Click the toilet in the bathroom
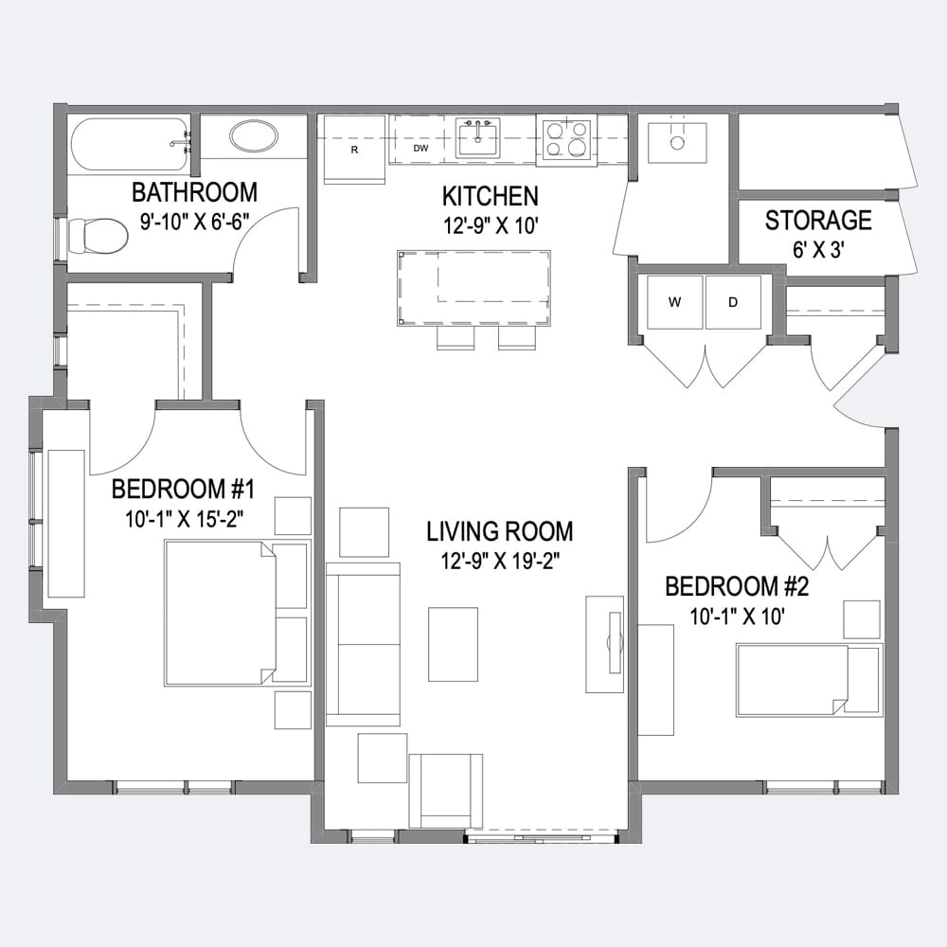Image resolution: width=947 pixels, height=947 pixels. [98, 236]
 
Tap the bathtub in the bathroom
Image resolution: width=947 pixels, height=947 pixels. [130, 144]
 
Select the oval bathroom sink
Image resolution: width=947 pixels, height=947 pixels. [254, 136]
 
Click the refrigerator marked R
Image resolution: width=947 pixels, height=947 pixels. [354, 150]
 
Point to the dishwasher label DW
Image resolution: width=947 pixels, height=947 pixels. [421, 148]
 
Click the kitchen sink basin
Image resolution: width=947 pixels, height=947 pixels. [477, 139]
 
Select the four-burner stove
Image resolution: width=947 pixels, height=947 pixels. [566, 140]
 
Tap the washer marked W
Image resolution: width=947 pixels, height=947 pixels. [674, 302]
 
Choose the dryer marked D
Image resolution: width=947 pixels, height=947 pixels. [733, 302]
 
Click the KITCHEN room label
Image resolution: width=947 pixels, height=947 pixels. [490, 196]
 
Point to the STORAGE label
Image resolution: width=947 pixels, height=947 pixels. [818, 221]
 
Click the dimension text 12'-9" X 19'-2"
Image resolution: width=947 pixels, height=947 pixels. [500, 562]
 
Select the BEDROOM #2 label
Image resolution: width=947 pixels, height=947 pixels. [737, 586]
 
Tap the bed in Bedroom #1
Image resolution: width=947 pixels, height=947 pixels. [236, 613]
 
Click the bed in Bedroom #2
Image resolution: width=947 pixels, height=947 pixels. [810, 680]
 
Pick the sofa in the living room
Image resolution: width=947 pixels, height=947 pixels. [363, 644]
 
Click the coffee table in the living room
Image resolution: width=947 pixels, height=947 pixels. [453, 644]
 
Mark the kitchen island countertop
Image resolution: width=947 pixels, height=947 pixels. [474, 288]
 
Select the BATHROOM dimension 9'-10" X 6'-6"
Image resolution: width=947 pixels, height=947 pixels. [195, 222]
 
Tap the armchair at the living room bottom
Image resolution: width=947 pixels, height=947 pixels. [446, 791]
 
